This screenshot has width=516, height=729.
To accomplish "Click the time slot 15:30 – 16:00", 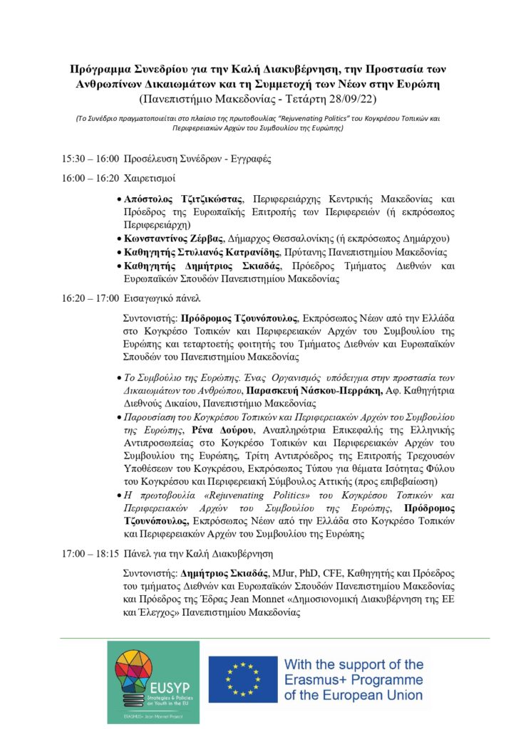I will click(x=91, y=159).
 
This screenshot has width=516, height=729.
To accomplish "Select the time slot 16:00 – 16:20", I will click(x=91, y=178).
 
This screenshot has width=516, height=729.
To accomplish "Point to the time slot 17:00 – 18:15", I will click(x=91, y=554).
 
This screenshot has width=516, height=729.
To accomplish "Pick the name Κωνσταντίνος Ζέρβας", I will click(x=168, y=238).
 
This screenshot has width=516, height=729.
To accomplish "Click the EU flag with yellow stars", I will click(x=242, y=679).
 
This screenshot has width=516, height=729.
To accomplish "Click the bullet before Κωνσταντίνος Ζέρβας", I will click(x=118, y=239).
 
